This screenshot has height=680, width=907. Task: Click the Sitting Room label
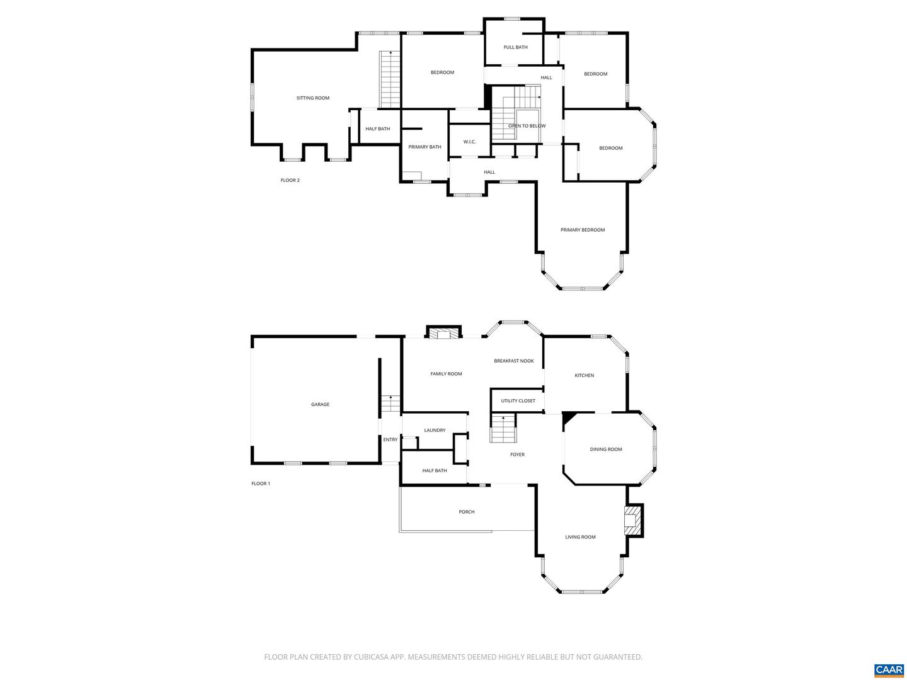[x=313, y=98]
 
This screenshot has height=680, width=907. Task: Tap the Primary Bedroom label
[x=583, y=230]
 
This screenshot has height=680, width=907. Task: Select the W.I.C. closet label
[x=469, y=142]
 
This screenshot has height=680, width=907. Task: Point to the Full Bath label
[x=515, y=47]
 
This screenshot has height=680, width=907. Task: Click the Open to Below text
[x=527, y=126]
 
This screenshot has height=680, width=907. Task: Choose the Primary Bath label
[x=425, y=147]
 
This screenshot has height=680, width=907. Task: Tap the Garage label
[x=320, y=404]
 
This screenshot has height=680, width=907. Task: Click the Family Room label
[x=446, y=374]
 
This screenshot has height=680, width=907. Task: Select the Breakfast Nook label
[x=514, y=361]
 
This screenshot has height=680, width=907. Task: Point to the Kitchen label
[x=584, y=375]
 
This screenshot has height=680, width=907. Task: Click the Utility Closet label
[x=518, y=401]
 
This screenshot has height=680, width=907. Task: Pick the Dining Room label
[x=606, y=450]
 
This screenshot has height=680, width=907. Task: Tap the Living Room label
[x=580, y=537]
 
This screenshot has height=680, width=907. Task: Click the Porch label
[x=467, y=512]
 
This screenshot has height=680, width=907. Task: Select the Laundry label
[x=435, y=431]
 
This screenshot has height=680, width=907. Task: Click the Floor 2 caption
[x=290, y=181]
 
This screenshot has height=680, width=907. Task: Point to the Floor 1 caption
[x=261, y=484]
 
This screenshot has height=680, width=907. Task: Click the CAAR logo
[x=889, y=669]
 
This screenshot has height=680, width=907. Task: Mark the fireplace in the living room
[x=632, y=520]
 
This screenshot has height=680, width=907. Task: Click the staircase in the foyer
[x=503, y=430]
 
